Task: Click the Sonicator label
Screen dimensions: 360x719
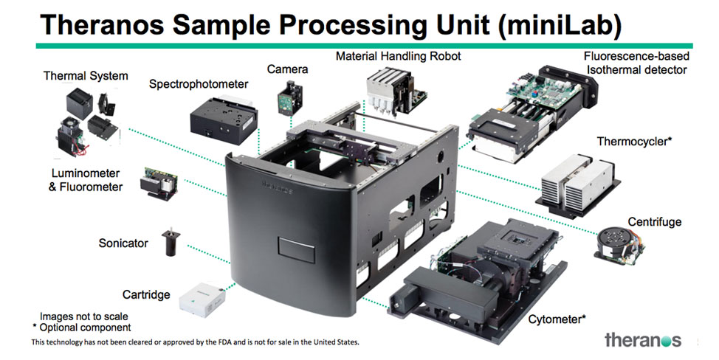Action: tap(123, 243)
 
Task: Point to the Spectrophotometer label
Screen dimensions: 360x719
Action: tap(199, 84)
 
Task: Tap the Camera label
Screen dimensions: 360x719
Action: tap(288, 69)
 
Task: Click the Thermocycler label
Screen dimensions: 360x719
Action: tap(634, 140)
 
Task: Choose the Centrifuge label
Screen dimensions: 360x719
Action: tap(654, 221)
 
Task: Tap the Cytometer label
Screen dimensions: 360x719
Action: tap(557, 319)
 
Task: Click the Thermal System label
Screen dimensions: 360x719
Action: tap(86, 75)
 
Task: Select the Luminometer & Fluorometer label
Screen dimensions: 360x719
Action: tap(86, 181)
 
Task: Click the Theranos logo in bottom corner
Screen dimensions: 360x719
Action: tap(642, 340)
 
